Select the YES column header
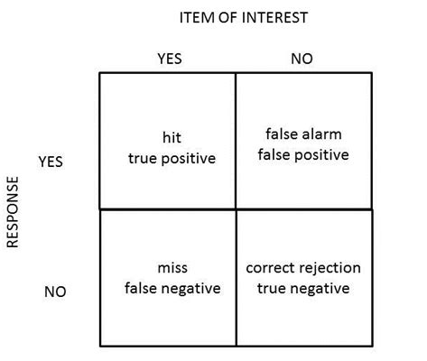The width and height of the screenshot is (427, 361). (169, 59)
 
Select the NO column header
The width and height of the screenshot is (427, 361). (302, 59)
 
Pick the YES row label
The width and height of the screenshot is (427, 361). (51, 162)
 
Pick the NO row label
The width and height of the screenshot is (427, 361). (56, 292)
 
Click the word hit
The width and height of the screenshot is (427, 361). (172, 138)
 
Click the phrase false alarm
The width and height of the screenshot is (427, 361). (303, 134)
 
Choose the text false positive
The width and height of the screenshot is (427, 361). (303, 154)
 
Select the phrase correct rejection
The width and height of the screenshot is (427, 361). (303, 268)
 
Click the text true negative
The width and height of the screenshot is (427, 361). (303, 288)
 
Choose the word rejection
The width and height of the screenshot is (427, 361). (330, 268)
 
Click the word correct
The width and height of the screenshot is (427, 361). (270, 268)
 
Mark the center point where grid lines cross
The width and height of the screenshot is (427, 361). (236, 209)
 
